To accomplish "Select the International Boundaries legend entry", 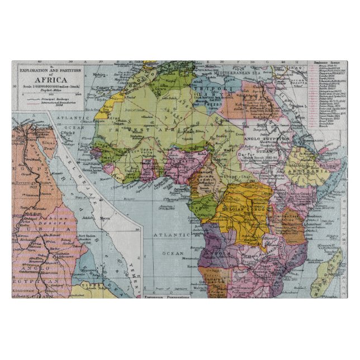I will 59,103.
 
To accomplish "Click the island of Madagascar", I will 331,269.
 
